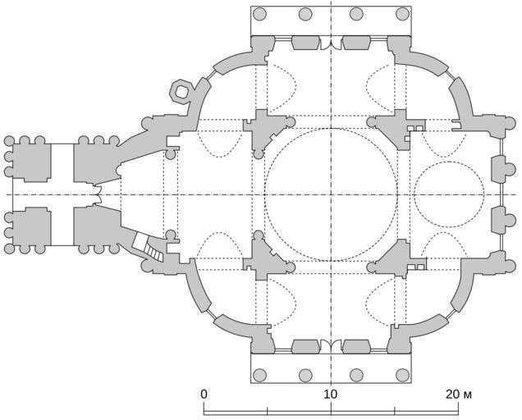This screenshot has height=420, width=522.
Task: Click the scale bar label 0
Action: tap(204, 394)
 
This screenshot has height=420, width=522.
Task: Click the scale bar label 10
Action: tap(331, 394)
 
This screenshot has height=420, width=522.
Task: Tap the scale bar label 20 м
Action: tap(459, 394)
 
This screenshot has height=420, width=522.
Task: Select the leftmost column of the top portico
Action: tap(259, 14)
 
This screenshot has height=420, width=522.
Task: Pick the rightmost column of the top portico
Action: tap(402, 14)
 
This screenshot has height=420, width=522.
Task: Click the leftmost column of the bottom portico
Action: tap(259, 375)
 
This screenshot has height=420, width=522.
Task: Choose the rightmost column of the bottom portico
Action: tap(402, 375)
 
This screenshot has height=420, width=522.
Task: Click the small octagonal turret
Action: tap(181, 90)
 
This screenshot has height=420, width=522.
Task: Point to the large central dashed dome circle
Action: tap(264, 194)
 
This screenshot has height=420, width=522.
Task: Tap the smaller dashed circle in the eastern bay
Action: tap(414, 194)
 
